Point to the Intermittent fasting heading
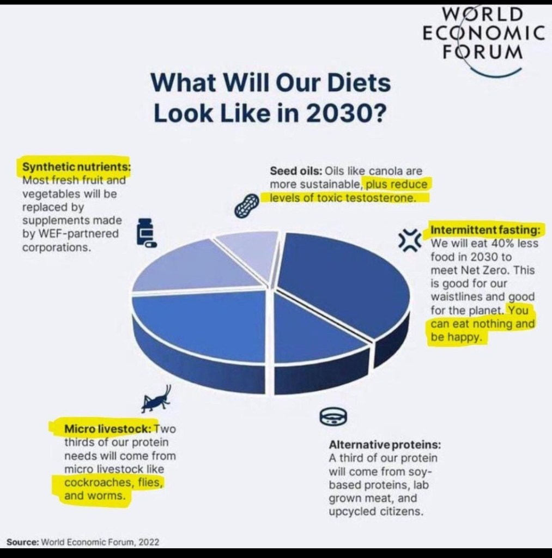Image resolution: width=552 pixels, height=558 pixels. tap(485, 231)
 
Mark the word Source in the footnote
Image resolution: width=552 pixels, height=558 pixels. tap(22, 542)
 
